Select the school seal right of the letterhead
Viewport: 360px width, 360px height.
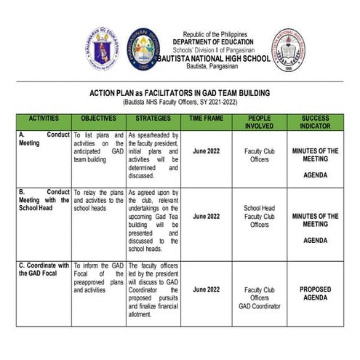click(289, 49)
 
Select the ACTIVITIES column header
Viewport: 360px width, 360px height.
click(44, 118)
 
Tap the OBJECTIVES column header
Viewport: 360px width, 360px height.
click(99, 118)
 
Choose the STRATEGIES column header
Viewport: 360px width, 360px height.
click(153, 118)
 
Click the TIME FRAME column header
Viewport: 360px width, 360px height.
click(207, 118)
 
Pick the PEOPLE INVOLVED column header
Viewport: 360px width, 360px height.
click(259, 121)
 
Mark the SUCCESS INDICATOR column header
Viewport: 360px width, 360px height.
click(315, 121)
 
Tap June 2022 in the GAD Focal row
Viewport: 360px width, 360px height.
click(207, 289)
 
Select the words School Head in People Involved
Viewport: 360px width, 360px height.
click(259, 208)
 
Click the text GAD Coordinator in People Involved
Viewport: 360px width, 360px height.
click(259, 306)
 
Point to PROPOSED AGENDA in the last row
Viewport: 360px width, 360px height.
click(315, 294)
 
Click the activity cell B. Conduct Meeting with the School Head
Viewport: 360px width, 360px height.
click(44, 200)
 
